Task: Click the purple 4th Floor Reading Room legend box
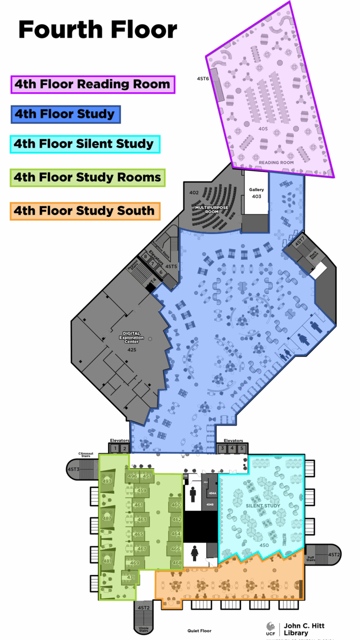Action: coord(92,84)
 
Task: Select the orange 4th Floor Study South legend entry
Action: coord(84,211)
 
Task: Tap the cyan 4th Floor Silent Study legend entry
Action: coord(84,144)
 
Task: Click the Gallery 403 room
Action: coord(256,193)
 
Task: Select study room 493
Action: coord(107,482)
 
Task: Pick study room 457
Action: coord(147,476)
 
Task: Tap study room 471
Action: coord(130,577)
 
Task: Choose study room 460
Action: coord(176,505)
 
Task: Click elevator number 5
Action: coord(241,449)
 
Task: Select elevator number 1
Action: coord(114,449)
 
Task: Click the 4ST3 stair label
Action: coord(73,469)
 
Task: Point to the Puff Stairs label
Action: coord(311,558)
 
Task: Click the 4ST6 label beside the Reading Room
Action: coord(202,79)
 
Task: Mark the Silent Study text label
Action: coord(263,506)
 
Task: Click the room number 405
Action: coord(263,128)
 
